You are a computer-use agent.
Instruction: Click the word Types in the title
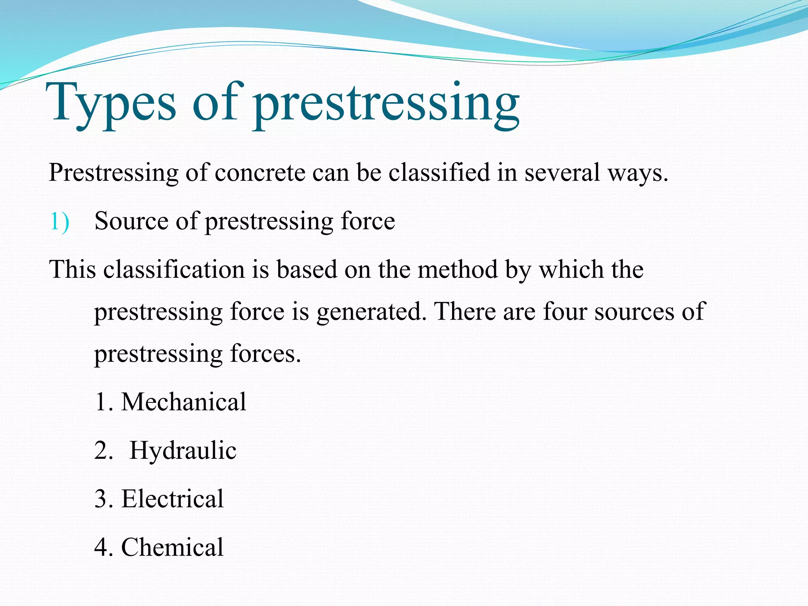tap(111, 103)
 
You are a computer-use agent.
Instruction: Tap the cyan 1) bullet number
tap(60, 221)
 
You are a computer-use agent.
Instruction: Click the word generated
tap(371, 312)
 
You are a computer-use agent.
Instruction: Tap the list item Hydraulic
tap(183, 450)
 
